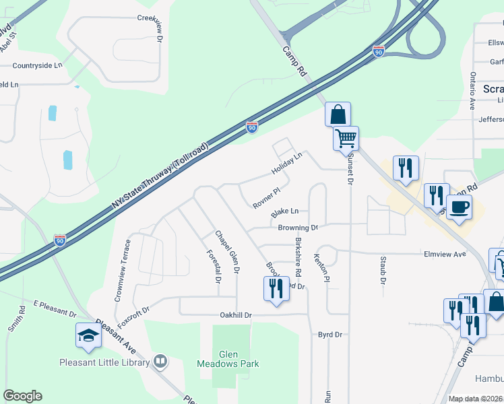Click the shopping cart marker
pos(346,139)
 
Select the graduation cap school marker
pos(88,335)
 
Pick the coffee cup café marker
pos(459,207)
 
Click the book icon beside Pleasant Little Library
pos(160,362)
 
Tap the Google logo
pos(22,396)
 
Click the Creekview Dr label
pos(152,28)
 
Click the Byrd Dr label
pos(330,334)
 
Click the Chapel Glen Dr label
pos(228,251)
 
